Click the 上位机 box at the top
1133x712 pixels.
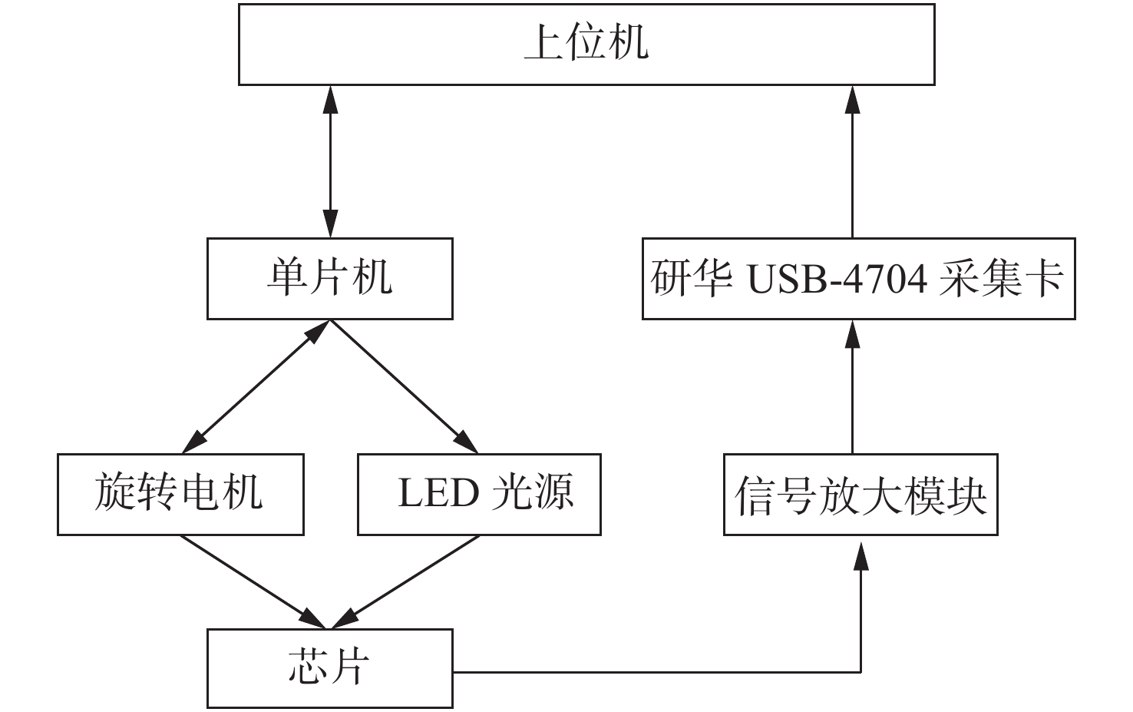(586, 44)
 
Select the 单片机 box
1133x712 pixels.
(329, 278)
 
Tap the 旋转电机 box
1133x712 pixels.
(180, 494)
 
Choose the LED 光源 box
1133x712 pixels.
(479, 494)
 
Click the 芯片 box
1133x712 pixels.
(329, 667)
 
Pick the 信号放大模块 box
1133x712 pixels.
(860, 494)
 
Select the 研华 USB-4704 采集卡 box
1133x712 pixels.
(858, 278)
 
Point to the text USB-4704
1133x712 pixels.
(837, 279)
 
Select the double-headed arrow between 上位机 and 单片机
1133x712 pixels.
(330, 161)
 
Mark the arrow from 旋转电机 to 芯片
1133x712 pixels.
(253, 581)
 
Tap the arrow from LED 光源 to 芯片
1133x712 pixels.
(407, 581)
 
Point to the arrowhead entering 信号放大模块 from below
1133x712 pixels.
(861, 555)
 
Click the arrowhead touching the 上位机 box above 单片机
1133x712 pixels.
(330, 98)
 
